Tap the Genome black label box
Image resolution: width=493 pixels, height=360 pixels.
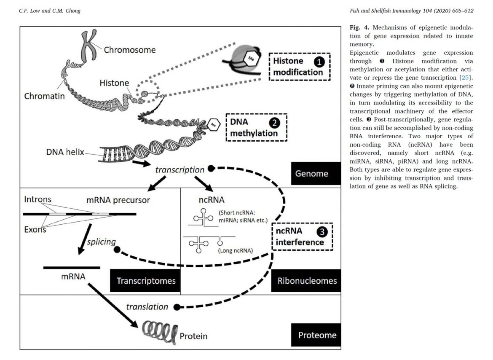(x=315, y=173)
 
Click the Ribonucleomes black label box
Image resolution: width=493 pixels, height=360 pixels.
(x=307, y=280)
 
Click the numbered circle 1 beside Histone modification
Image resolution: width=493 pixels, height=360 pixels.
(x=319, y=62)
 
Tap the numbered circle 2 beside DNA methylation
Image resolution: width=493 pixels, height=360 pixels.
(x=274, y=124)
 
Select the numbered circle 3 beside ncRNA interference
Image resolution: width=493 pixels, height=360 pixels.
(x=322, y=232)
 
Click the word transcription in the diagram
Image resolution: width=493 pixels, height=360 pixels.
(x=180, y=169)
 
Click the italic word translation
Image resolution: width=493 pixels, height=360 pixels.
(x=147, y=306)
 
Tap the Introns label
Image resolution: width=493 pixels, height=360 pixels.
(x=38, y=199)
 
